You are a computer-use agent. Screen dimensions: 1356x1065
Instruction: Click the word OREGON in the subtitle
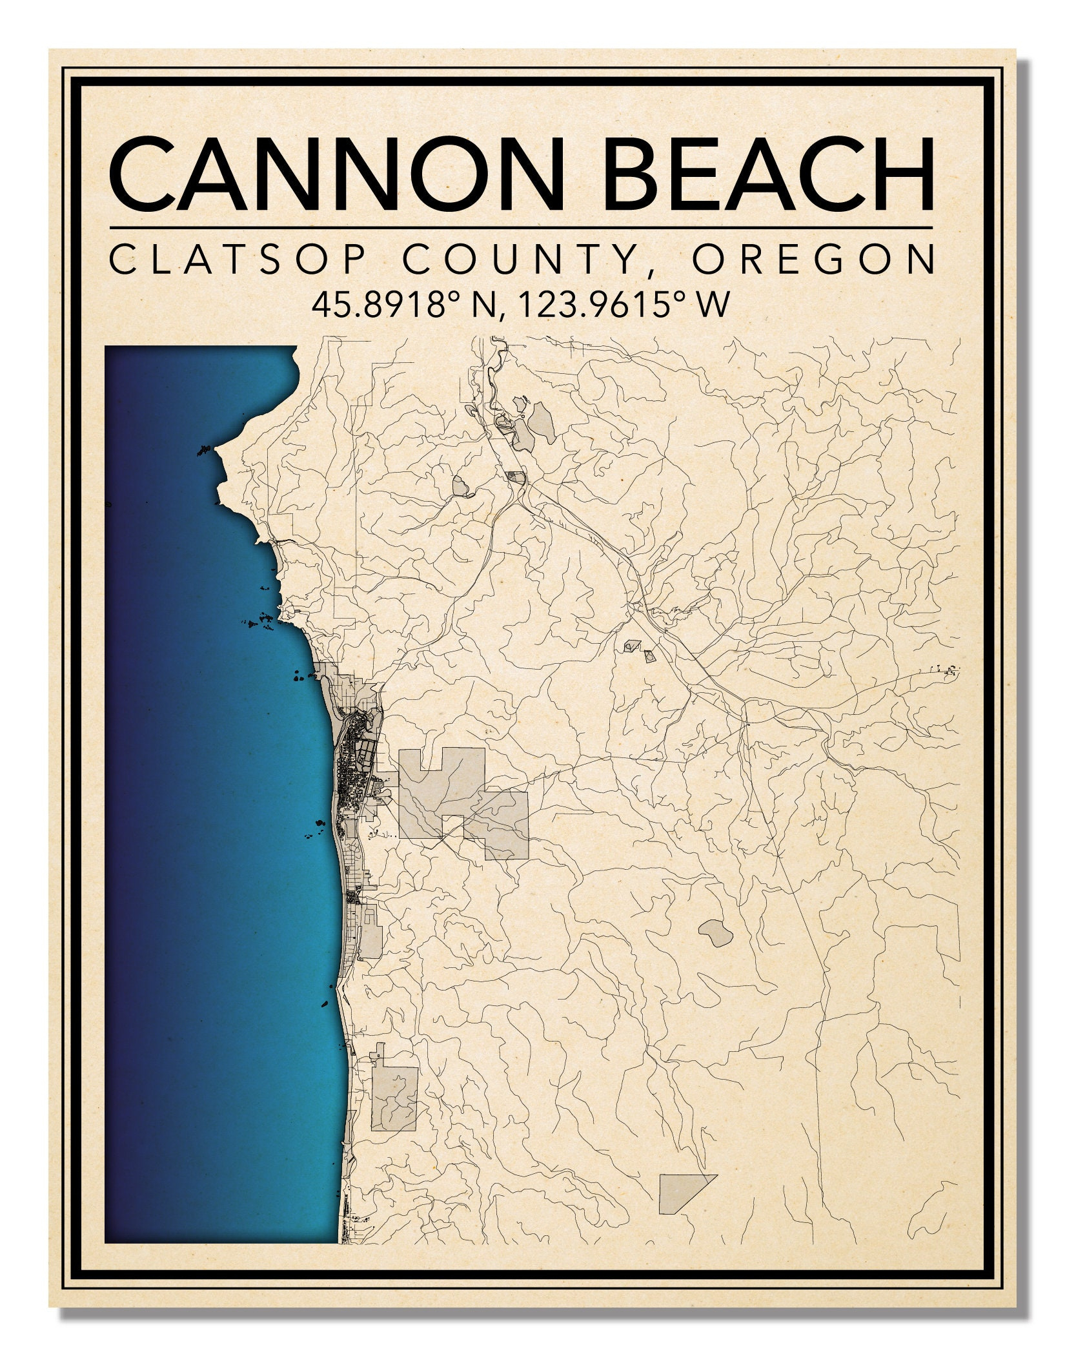[x=813, y=260]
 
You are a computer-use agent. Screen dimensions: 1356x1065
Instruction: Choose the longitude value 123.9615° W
[x=623, y=305]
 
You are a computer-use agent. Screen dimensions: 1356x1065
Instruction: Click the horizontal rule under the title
[x=522, y=228]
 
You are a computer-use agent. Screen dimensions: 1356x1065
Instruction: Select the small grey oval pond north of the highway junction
[x=461, y=486]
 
